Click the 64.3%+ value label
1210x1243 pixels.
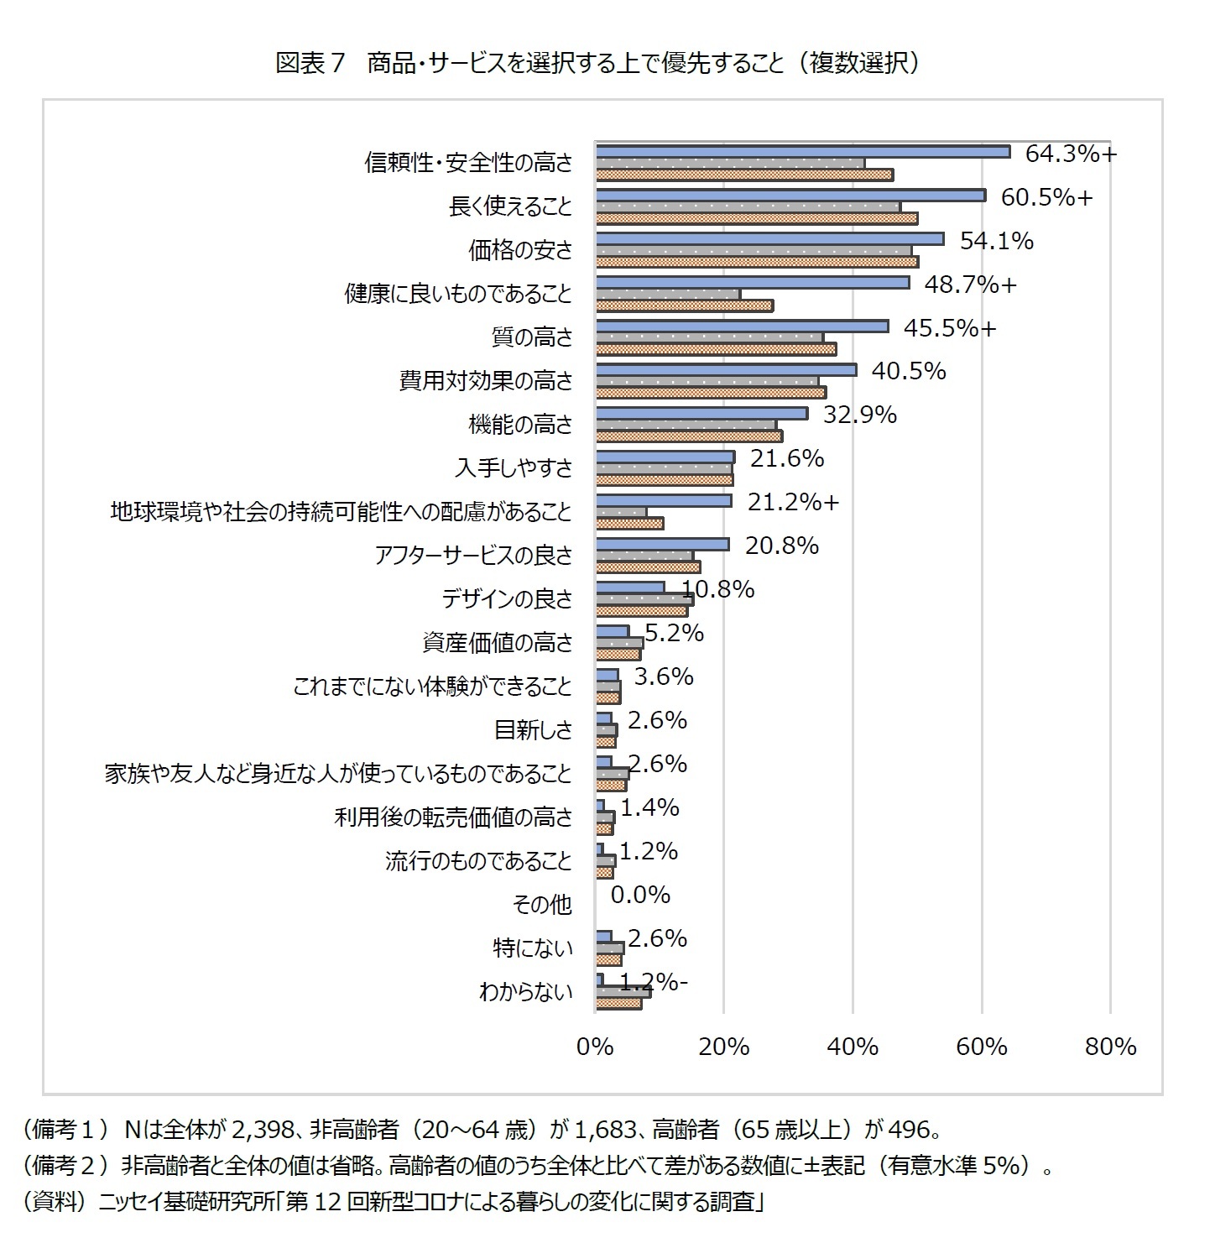(1071, 154)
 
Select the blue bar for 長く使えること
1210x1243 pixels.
(790, 195)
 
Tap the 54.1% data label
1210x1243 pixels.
(996, 241)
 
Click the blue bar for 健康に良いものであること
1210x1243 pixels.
(752, 282)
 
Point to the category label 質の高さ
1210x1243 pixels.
(531, 337)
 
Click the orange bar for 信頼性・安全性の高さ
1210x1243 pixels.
(744, 175)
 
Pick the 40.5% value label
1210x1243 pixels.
(909, 371)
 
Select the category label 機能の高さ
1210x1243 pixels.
(520, 425)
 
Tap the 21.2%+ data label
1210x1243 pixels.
(793, 502)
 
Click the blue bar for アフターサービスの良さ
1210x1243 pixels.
(662, 544)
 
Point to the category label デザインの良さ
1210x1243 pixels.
(507, 599)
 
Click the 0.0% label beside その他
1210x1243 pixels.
(640, 895)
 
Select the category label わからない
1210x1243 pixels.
(525, 992)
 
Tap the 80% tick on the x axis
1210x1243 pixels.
(1110, 1047)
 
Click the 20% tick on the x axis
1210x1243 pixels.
(723, 1047)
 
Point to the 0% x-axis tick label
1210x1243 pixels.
(595, 1047)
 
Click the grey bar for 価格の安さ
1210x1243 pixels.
(754, 250)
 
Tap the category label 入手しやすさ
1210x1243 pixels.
(514, 468)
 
